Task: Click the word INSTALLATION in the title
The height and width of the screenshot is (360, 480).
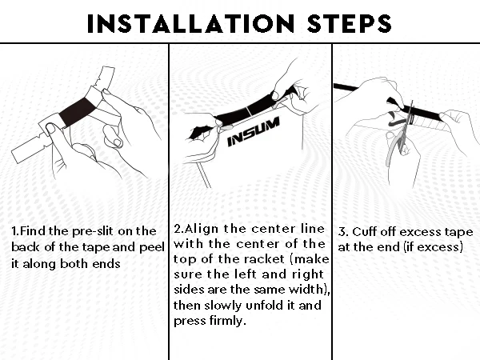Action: tap(190, 23)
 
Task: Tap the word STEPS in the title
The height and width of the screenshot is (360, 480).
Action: tap(350, 23)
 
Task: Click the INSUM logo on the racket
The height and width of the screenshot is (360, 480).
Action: tap(254, 132)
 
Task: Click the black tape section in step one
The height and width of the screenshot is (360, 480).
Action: tap(76, 112)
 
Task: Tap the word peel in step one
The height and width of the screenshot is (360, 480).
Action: tap(152, 247)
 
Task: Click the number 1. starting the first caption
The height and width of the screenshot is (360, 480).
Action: tap(15, 231)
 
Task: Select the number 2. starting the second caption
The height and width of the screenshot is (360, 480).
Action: tap(178, 229)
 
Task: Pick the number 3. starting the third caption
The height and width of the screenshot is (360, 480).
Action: tap(343, 232)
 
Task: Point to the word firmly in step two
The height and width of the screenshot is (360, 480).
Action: tap(228, 321)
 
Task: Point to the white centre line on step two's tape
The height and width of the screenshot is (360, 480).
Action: tap(249, 112)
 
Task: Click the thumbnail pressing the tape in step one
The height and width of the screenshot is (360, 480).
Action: tap(50, 128)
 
